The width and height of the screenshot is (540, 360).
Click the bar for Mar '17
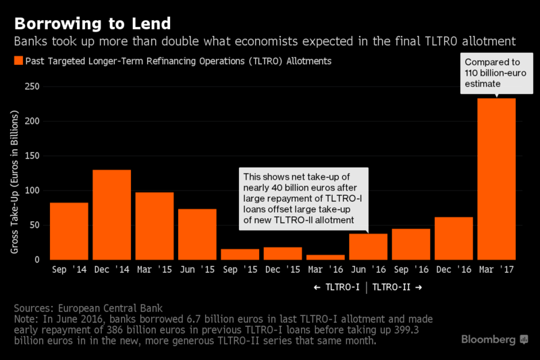click(x=496, y=179)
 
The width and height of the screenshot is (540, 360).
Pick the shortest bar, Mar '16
click(x=325, y=257)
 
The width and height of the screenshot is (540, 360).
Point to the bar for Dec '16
click(x=454, y=238)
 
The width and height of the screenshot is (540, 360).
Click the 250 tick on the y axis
click(x=32, y=87)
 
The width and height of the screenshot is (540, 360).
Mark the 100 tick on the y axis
click(x=32, y=190)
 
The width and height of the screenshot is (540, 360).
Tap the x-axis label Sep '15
click(x=240, y=269)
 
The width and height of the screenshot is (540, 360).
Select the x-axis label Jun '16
click(x=369, y=269)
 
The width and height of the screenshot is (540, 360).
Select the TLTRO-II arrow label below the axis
click(x=398, y=287)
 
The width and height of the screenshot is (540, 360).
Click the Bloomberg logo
click(x=494, y=339)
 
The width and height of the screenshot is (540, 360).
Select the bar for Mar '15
click(x=155, y=226)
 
